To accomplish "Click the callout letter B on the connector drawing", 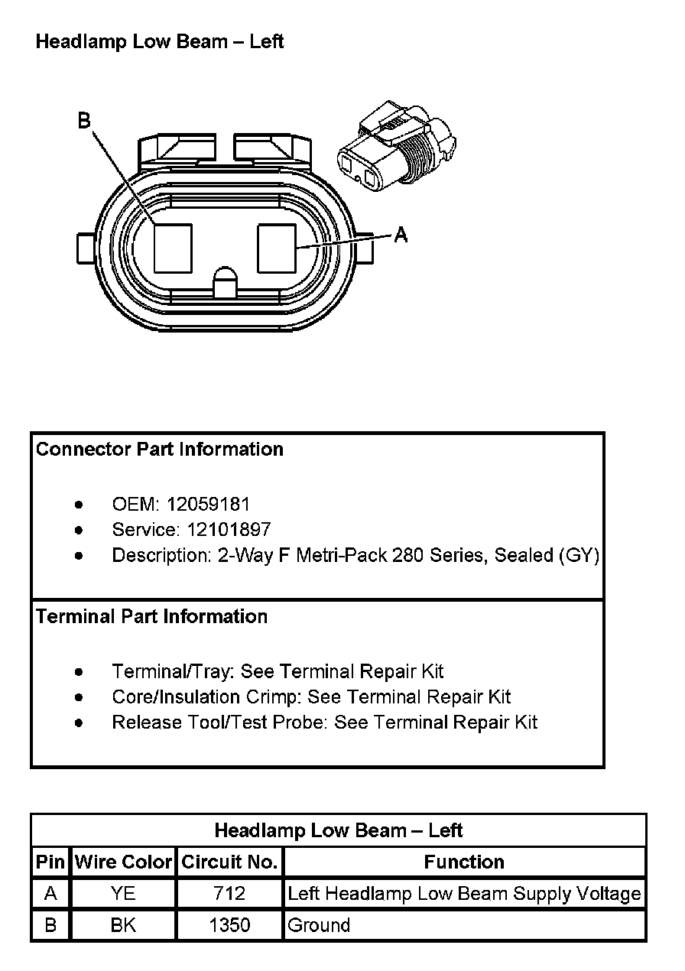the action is tap(84, 120).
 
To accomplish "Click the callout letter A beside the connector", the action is tap(401, 235).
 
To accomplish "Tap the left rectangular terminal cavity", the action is tap(173, 248).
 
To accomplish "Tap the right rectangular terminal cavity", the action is tap(277, 248).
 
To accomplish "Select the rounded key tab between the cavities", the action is tap(226, 282).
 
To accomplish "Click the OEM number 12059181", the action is tap(208, 505).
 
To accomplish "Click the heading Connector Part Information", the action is tap(160, 449).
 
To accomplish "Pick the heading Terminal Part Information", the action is tap(151, 616).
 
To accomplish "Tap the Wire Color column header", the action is tap(123, 862).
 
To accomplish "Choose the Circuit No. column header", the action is tap(229, 862).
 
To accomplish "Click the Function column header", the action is tap(464, 862).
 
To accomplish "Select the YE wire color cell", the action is tap(123, 894).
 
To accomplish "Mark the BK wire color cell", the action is tap(123, 925).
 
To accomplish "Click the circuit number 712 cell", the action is tap(229, 894).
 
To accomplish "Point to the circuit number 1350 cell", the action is tap(229, 925).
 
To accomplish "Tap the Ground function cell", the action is tap(319, 925).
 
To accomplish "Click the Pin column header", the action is tap(50, 862).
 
